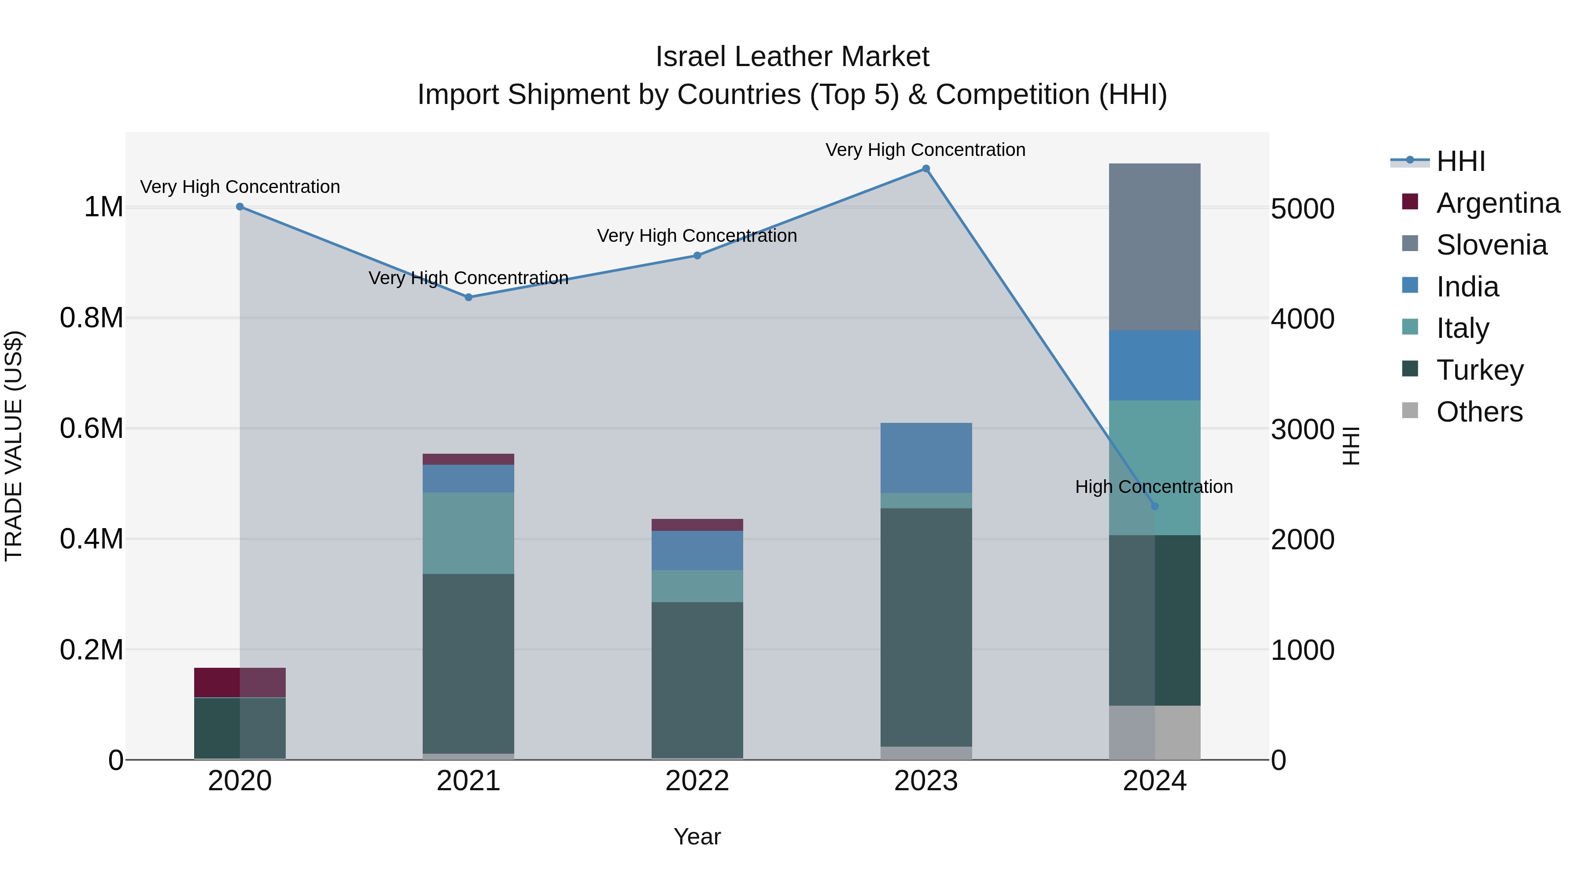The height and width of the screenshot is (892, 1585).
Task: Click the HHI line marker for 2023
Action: coord(925,169)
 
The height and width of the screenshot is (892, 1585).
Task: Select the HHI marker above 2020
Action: coord(240,207)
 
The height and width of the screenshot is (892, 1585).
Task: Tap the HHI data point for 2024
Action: coord(1154,506)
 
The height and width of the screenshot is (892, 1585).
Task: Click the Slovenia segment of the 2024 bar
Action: coord(1154,246)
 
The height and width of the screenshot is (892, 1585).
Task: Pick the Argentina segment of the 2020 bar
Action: coord(240,682)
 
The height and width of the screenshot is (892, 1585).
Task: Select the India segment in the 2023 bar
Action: coord(925,457)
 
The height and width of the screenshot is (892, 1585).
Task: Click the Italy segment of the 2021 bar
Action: coord(468,533)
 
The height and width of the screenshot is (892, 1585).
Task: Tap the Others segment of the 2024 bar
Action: coord(1154,732)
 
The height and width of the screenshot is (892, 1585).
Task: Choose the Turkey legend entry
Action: coord(1479,370)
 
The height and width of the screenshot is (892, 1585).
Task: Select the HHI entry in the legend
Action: coord(1460,161)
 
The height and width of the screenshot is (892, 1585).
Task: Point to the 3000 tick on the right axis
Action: coord(1303,429)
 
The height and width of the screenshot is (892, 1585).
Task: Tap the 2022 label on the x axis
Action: coord(697,781)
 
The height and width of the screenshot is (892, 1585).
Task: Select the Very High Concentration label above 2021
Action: coord(468,278)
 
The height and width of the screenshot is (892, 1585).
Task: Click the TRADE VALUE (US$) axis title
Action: coord(14,446)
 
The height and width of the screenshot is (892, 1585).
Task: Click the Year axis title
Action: coord(697,836)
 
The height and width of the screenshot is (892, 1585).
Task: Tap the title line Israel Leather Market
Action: coord(792,57)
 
